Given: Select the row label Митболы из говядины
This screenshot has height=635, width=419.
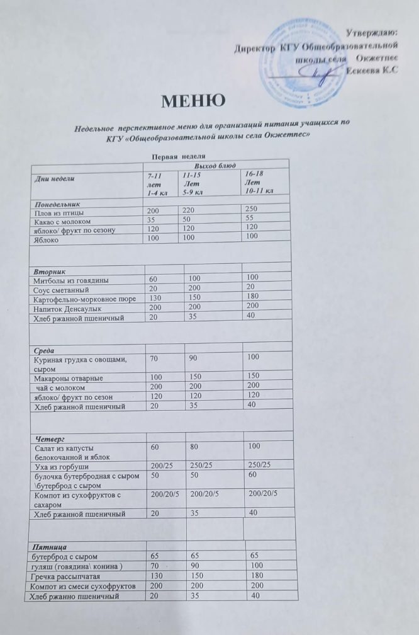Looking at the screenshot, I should [70, 279].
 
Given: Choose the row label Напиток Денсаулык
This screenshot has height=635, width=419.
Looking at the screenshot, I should [68, 309].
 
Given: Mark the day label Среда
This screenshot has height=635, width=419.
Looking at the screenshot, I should [43, 348].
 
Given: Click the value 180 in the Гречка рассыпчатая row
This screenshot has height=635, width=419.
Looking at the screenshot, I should [255, 576].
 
